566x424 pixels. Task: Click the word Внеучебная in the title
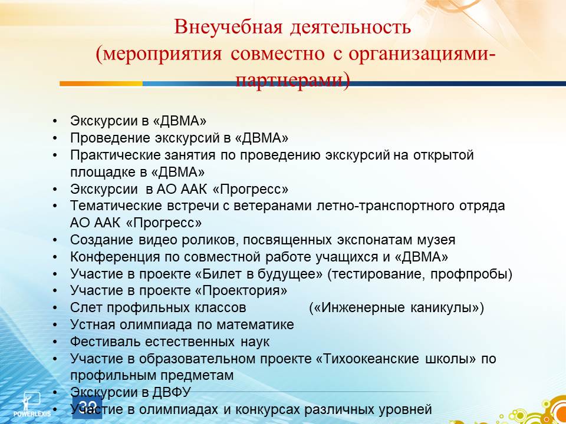click(x=228, y=26)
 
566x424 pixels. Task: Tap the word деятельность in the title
click(x=350, y=28)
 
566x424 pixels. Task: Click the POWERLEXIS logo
click(x=32, y=404)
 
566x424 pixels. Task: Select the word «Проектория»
click(x=242, y=291)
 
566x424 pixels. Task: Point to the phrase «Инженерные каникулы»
click(x=396, y=308)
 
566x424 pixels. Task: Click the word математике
click(x=255, y=325)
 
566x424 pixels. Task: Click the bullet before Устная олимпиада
click(x=54, y=325)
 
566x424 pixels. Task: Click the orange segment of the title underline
click(x=101, y=84)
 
